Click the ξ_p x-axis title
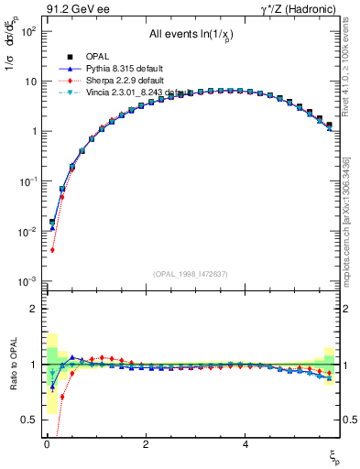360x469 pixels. (x=333, y=455)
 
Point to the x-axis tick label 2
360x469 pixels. (x=146, y=444)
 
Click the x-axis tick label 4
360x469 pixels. (x=245, y=444)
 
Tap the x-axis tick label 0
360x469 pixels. (x=47, y=444)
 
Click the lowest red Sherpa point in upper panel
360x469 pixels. (x=53, y=250)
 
